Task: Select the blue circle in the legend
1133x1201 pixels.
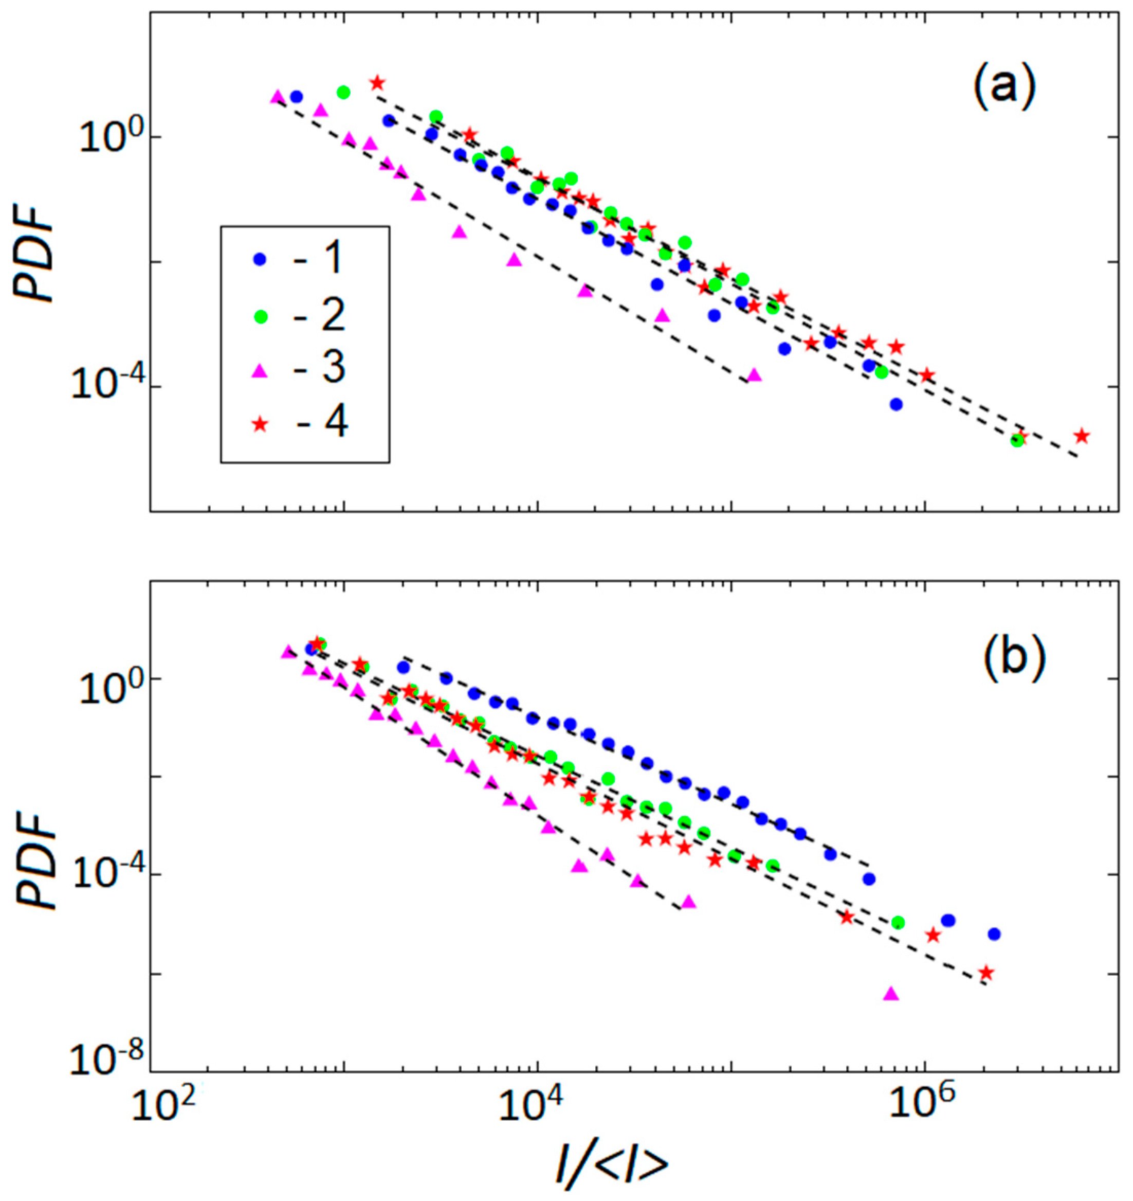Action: (x=260, y=259)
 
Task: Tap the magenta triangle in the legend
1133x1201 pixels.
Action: (x=260, y=369)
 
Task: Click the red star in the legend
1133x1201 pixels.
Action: (x=260, y=424)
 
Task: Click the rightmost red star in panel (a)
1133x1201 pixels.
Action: (x=1082, y=436)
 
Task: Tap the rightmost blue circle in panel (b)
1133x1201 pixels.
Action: (x=994, y=934)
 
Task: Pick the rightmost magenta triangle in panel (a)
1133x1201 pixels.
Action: (x=754, y=375)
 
